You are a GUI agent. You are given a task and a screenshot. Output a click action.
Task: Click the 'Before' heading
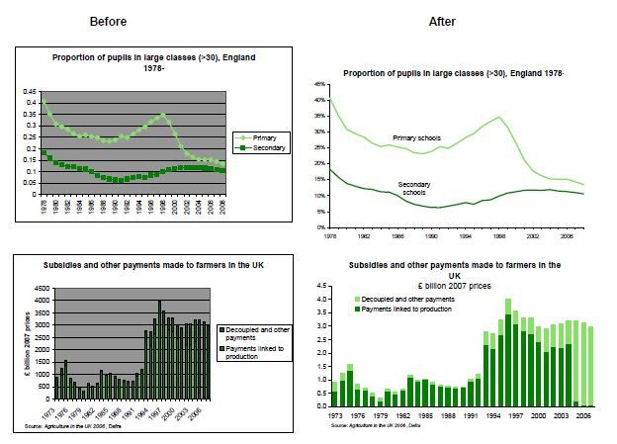[107, 21]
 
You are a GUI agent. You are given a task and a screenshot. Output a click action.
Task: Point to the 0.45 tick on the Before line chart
[30, 91]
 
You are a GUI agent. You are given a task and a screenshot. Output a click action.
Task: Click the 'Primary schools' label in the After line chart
[418, 137]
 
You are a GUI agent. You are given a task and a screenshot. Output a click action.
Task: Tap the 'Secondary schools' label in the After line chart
[420, 190]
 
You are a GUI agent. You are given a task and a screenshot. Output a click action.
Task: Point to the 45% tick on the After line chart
[318, 86]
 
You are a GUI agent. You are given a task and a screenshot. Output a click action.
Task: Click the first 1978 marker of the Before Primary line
[43, 102]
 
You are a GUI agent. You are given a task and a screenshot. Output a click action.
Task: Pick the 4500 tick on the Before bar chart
[37, 289]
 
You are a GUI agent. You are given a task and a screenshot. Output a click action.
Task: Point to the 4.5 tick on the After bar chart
[320, 285]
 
